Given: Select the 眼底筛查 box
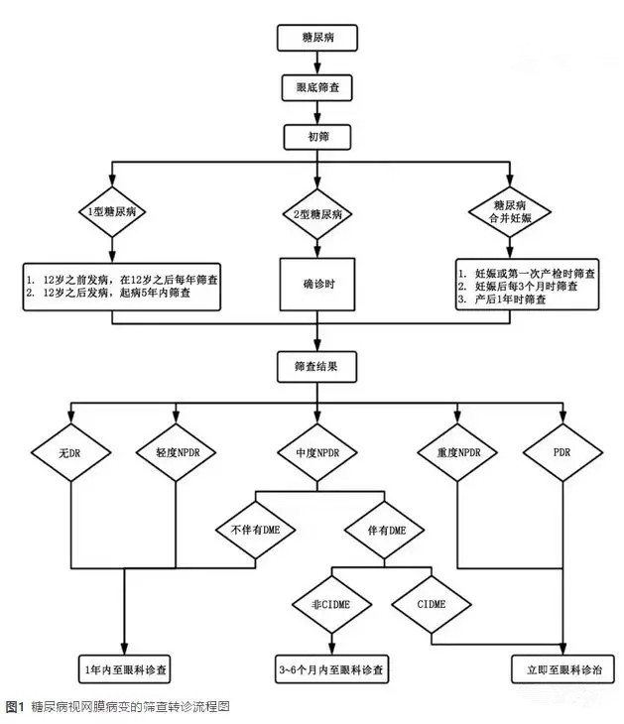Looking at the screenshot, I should [315, 87].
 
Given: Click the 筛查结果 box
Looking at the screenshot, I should [316, 365].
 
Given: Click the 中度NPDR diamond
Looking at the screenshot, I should [316, 453].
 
